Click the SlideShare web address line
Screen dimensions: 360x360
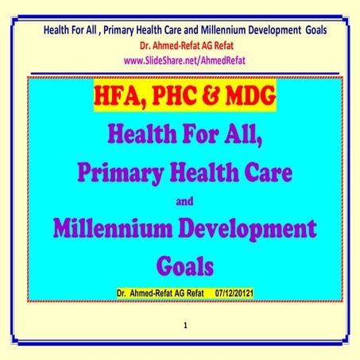coord(179,58)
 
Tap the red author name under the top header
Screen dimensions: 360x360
coord(179,45)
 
